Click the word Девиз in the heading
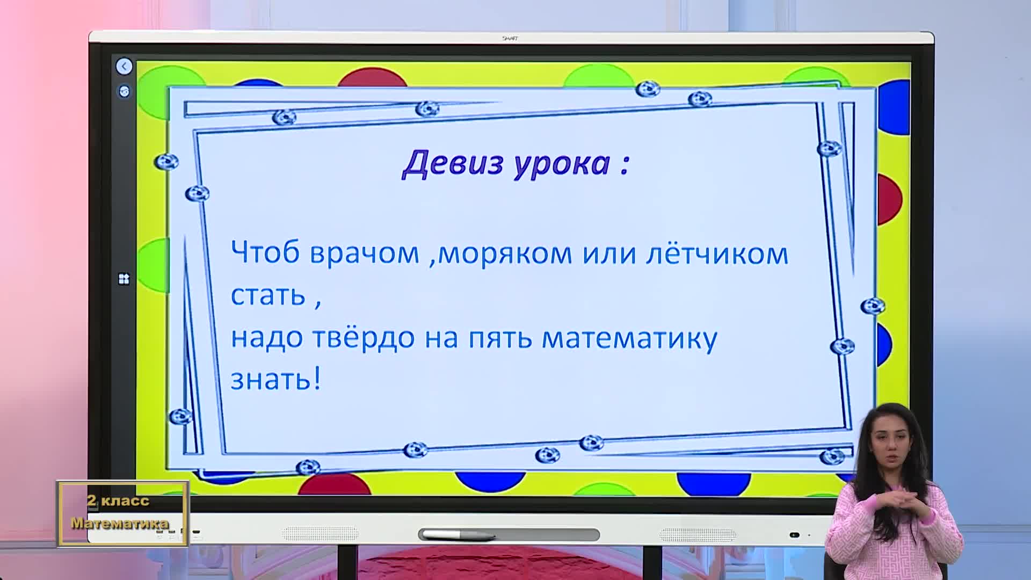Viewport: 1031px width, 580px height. coord(453,163)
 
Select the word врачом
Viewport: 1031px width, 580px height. coord(365,253)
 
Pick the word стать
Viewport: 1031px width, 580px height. coord(268,295)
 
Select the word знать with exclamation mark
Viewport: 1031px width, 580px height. coord(275,379)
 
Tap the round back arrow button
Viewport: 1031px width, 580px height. coord(124,67)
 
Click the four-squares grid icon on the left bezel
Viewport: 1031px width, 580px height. coord(124,279)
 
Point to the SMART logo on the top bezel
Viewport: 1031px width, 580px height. coord(509,38)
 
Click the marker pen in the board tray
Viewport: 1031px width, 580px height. coord(458,535)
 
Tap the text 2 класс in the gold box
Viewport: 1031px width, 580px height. coord(118,501)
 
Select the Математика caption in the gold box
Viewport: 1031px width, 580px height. coord(120,523)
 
